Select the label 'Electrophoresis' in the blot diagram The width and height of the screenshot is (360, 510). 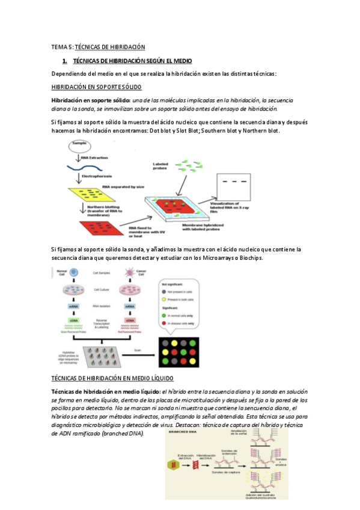point(99,177)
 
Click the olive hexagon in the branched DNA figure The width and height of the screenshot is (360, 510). point(175,464)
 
